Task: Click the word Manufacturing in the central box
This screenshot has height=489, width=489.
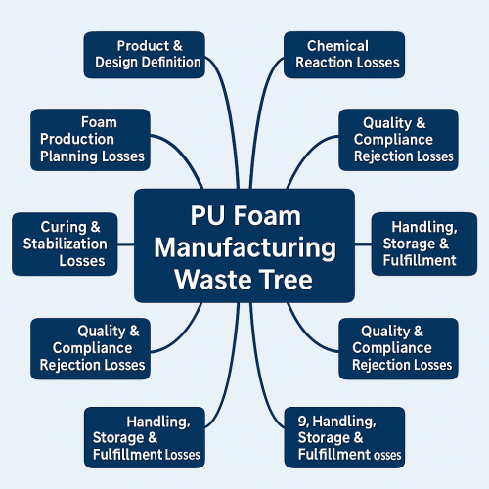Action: (x=244, y=247)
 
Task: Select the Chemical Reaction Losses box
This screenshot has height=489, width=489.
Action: (x=341, y=54)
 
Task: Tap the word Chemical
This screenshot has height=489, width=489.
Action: (x=337, y=46)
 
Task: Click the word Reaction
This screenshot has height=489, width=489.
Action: (x=324, y=63)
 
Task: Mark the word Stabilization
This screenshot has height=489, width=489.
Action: (x=66, y=244)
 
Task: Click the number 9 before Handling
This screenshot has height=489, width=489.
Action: (x=301, y=422)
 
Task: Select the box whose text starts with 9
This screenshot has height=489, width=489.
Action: (x=342, y=438)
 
